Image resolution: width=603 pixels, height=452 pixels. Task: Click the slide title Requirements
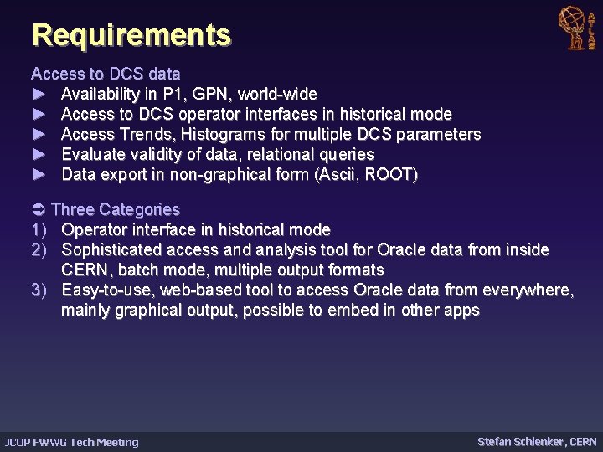click(x=131, y=35)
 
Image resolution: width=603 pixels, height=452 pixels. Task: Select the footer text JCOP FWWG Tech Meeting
click(x=72, y=442)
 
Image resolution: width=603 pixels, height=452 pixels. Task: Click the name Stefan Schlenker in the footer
click(x=520, y=441)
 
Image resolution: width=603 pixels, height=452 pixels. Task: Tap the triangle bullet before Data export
click(x=39, y=175)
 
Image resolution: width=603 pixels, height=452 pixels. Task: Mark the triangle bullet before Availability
click(x=39, y=94)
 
